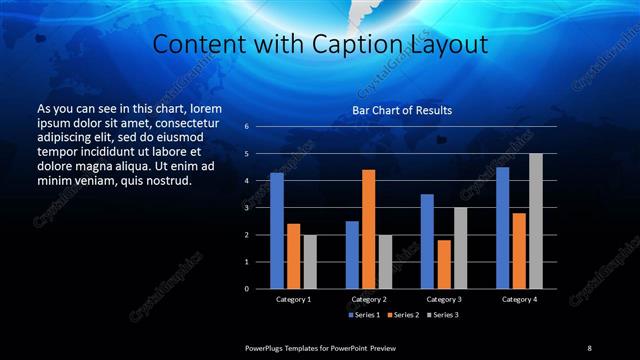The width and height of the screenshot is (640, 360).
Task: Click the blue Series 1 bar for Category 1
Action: click(277, 230)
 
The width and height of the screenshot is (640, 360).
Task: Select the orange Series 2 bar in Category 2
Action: click(368, 229)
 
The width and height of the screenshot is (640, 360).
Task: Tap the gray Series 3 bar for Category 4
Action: click(536, 220)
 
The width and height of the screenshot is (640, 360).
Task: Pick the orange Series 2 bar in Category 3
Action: click(443, 264)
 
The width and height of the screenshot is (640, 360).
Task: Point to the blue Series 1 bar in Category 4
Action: click(502, 227)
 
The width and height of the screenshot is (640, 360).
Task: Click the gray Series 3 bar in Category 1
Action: click(310, 261)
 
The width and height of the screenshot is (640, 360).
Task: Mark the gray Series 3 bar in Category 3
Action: click(460, 247)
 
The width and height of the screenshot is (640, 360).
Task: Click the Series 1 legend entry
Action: click(363, 315)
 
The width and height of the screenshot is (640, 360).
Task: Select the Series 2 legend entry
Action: click(403, 315)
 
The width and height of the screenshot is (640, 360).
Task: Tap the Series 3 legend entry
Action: click(443, 315)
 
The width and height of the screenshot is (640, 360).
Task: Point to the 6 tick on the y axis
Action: click(246, 127)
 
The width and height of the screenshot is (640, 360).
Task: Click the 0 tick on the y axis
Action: click(246, 288)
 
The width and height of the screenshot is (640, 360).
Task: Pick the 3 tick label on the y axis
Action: click(246, 208)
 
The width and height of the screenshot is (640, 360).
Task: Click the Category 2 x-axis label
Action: click(369, 299)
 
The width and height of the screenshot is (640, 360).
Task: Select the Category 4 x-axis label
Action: click(519, 299)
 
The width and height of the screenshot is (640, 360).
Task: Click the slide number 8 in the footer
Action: click(589, 347)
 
